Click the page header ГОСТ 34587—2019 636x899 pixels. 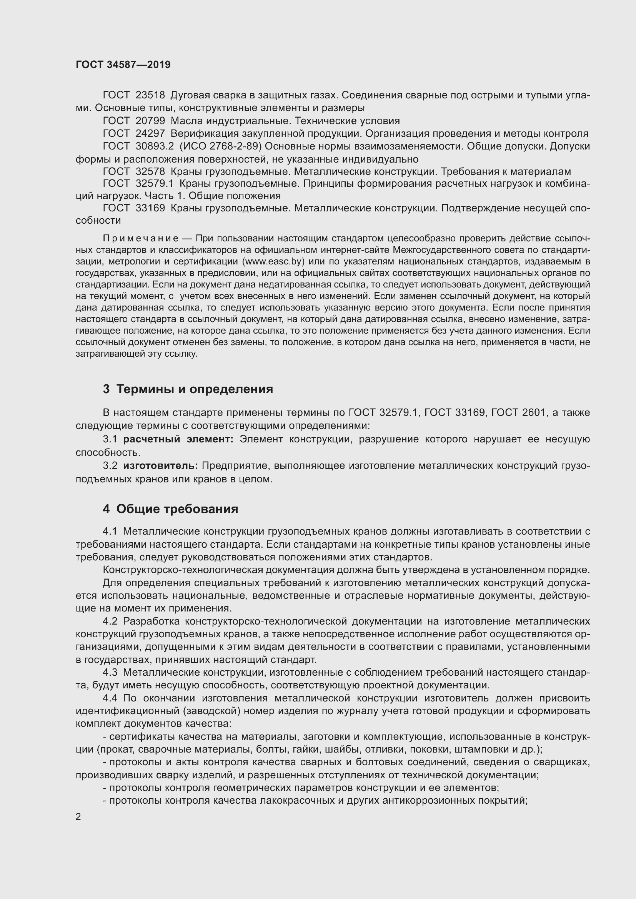(123, 65)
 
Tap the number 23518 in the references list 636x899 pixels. (150, 95)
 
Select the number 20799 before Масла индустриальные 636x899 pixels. (150, 121)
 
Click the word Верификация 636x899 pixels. (204, 134)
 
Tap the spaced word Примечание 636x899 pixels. (141, 239)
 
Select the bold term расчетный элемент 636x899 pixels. (178, 439)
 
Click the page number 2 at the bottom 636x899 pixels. (78, 817)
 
